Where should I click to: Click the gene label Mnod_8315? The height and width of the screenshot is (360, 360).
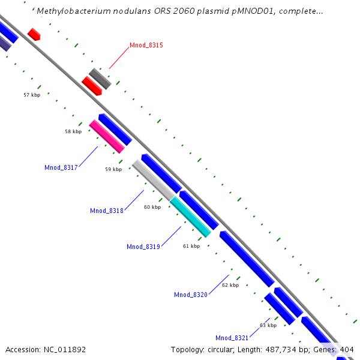pyautogui.click(x=146, y=46)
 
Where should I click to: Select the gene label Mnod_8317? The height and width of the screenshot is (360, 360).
pyautogui.click(x=61, y=167)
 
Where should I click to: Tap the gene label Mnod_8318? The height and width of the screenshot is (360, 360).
pyautogui.click(x=107, y=211)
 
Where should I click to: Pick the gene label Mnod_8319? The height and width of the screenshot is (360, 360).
pyautogui.click(x=143, y=247)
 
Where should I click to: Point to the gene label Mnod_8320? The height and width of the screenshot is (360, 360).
pyautogui.click(x=191, y=295)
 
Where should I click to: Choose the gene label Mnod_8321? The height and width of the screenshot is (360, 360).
pyautogui.click(x=232, y=338)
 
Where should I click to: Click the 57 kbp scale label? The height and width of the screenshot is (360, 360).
pyautogui.click(x=32, y=95)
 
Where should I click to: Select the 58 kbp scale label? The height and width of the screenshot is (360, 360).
pyautogui.click(x=73, y=131)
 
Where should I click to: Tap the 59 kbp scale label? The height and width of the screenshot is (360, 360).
pyautogui.click(x=113, y=169)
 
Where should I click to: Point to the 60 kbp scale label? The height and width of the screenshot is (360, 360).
pyautogui.click(x=152, y=207)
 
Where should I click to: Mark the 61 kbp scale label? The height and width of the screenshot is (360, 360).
pyautogui.click(x=191, y=246)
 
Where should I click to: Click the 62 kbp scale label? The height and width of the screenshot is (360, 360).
pyautogui.click(x=230, y=285)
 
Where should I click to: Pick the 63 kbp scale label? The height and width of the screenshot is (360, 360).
pyautogui.click(x=268, y=325)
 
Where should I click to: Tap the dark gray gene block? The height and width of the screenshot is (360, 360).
pyautogui.click(x=100, y=79)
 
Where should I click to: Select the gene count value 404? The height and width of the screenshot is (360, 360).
pyautogui.click(x=347, y=349)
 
